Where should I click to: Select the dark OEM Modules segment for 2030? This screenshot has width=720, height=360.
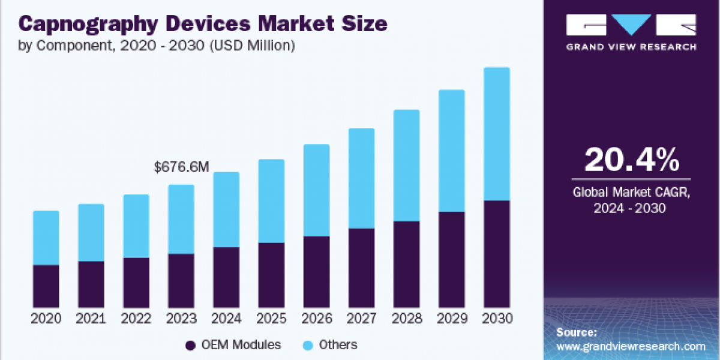496,254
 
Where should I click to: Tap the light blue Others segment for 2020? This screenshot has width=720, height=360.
46,238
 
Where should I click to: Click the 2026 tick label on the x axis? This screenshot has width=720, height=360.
316,319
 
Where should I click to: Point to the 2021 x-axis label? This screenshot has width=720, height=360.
91,319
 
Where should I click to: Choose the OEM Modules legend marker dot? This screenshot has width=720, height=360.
191,345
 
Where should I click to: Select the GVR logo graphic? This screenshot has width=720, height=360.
631,26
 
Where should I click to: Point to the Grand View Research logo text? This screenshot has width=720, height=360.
631,47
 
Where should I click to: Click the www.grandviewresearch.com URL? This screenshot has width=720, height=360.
631,346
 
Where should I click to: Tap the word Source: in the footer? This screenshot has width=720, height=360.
577,332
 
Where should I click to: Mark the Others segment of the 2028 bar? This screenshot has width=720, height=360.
406,166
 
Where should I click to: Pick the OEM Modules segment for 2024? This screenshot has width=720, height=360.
226,277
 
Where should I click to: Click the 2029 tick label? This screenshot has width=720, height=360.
451,319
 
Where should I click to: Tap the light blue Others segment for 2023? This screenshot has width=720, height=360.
181,219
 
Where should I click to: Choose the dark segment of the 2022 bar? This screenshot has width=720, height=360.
136,283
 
